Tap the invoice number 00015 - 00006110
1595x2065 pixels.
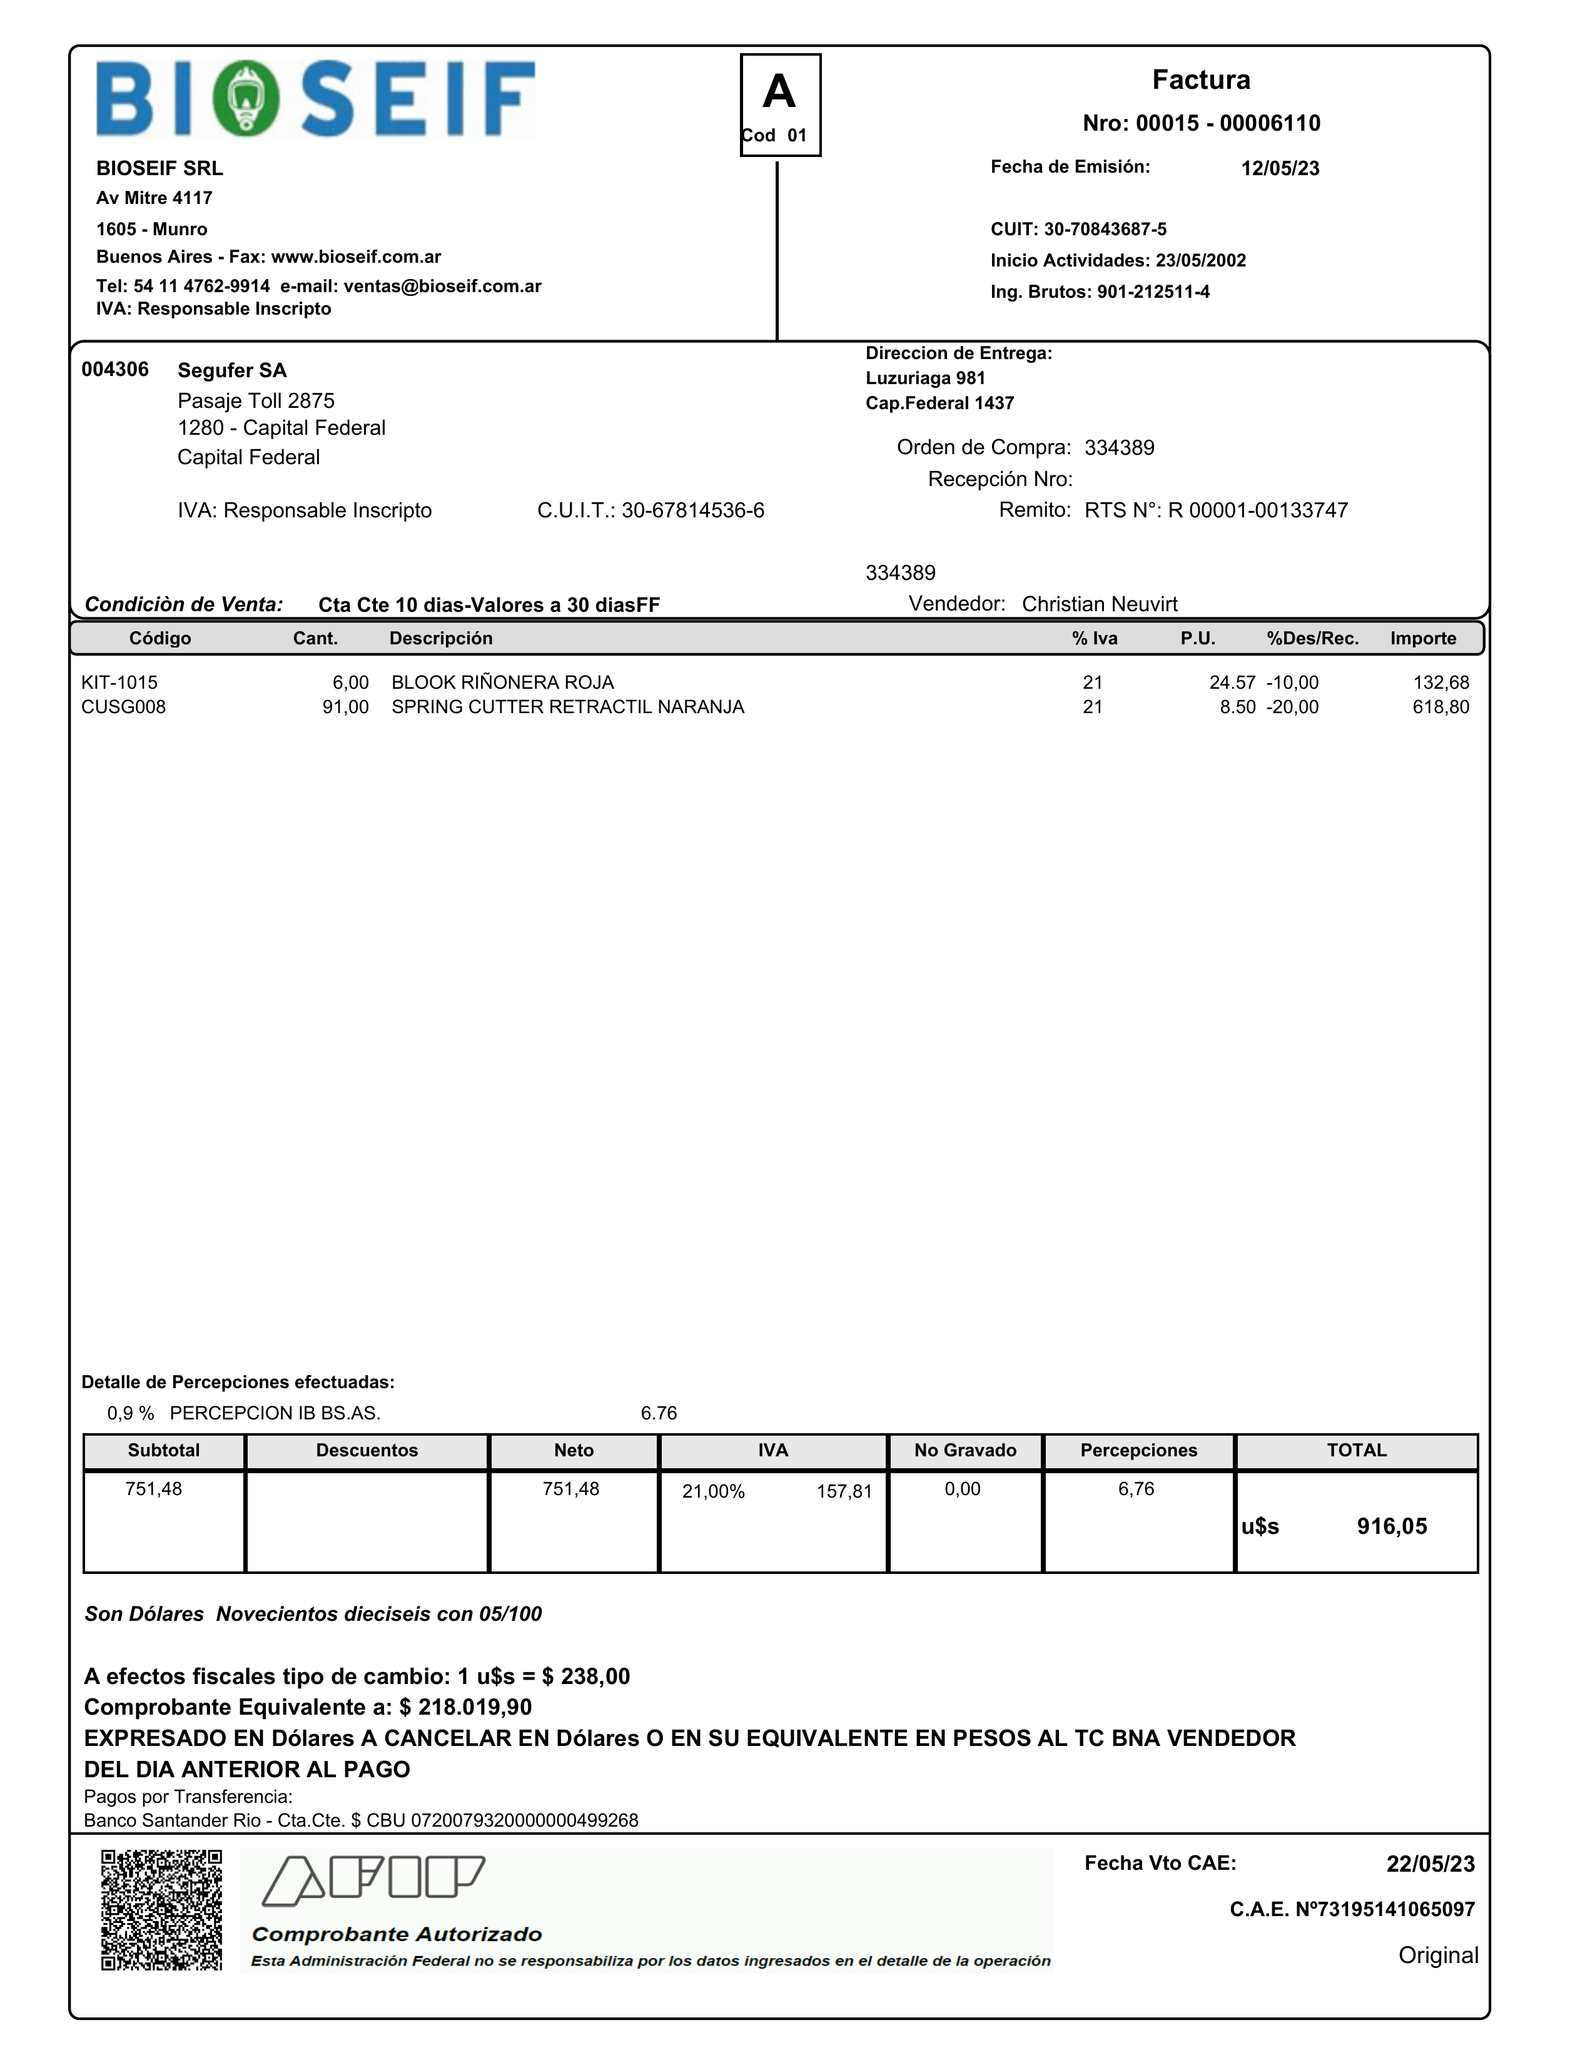coord(1227,123)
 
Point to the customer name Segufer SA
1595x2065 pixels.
coord(231,370)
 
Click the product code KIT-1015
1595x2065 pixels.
coord(119,682)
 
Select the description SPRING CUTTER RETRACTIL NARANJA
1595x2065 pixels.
coord(567,708)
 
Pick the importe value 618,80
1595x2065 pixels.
coord(1440,708)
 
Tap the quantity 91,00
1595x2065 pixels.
coord(345,708)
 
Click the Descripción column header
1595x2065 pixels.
coord(440,638)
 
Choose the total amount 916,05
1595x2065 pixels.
coord(1392,1526)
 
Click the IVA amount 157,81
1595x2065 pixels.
coord(843,1492)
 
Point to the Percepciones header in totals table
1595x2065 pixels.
coord(1138,1451)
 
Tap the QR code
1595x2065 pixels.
coord(161,1910)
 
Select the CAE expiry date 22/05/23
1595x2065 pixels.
coord(1429,1864)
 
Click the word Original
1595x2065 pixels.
coord(1437,1956)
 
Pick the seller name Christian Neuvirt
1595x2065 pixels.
coord(1100,604)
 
